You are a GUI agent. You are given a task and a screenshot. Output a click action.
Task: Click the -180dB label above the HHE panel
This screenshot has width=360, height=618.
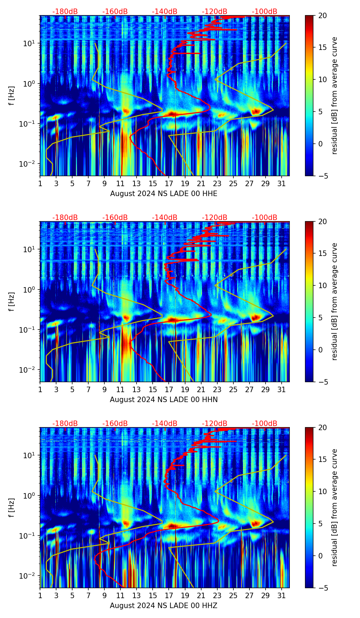tap(65, 12)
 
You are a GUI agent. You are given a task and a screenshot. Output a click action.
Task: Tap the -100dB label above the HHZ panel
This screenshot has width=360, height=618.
tap(265, 424)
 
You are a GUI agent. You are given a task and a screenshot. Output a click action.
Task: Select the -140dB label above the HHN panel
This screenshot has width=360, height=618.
tap(165, 218)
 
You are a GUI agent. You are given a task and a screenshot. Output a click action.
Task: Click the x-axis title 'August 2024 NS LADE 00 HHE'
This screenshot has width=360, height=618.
tap(164, 194)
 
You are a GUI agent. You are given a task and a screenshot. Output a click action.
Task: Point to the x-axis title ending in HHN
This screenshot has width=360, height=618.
tap(164, 400)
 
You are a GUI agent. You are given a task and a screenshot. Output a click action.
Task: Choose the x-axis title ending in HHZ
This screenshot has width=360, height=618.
tap(164, 606)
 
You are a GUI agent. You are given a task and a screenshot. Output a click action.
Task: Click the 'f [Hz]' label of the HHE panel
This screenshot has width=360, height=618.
tap(12, 96)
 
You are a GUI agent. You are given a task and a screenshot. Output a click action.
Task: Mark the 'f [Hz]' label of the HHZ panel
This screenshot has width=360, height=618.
tap(12, 508)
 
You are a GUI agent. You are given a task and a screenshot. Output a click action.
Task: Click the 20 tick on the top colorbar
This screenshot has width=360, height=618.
tap(323, 16)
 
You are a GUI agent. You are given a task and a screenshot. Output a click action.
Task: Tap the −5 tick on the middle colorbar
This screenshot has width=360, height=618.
tap(323, 382)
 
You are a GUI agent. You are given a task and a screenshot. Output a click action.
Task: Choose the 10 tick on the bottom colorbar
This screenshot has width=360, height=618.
tap(323, 492)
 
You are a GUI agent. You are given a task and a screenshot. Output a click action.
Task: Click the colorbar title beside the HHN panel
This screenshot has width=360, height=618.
tap(334, 301)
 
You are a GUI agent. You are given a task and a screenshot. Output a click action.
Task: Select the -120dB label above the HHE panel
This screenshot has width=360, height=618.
tap(215, 12)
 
